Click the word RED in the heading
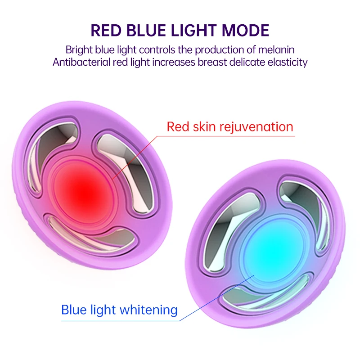pos(106,30)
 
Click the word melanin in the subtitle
pos(276,50)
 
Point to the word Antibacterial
pos(81,62)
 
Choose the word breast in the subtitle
pos(212,62)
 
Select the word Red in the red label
pos(178,127)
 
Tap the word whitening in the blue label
pos(148,310)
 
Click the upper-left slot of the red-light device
pos(52,147)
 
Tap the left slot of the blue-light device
pos(229,227)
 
